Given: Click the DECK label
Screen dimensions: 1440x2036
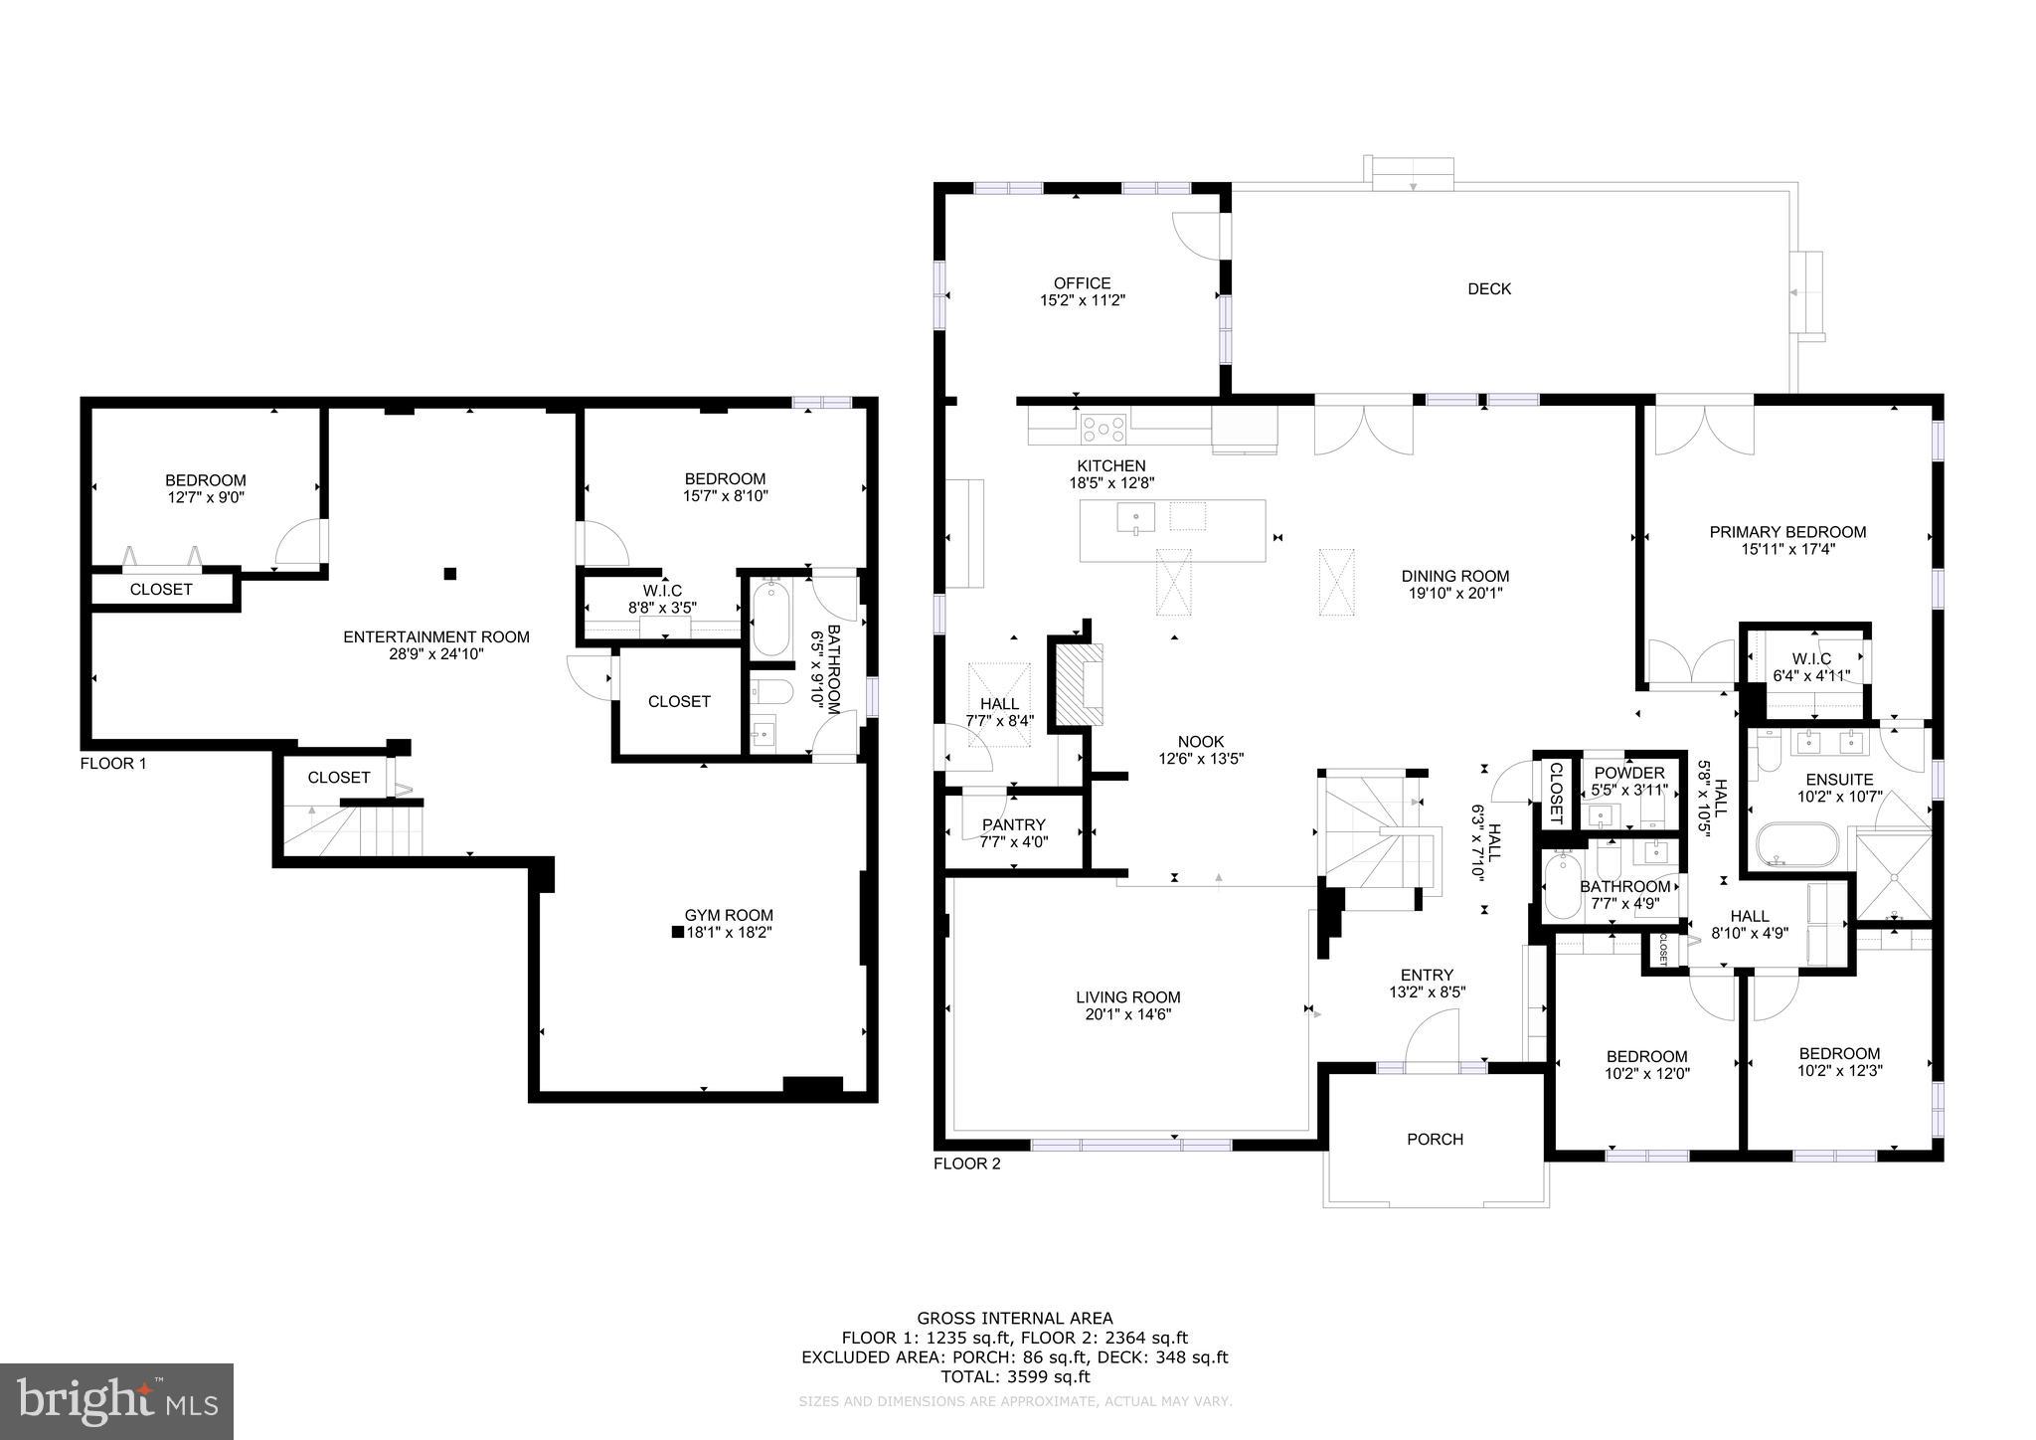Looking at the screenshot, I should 1488,289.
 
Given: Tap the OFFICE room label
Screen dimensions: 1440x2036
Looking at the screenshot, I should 1082,283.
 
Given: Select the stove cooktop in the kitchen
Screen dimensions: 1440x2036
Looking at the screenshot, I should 1103,429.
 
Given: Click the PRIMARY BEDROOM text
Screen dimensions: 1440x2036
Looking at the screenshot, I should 1786,532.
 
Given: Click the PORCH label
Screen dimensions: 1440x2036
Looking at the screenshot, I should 1435,1140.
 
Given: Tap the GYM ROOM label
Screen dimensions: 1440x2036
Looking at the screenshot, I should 728,915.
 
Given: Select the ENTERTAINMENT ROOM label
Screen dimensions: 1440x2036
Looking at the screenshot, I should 435,637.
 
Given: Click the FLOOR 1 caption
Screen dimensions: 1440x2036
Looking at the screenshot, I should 112,764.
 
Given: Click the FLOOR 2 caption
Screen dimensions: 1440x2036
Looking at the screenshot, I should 966,1164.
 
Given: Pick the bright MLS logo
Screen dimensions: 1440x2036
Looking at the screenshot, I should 116,1401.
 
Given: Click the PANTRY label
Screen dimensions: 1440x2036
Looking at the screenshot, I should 1013,824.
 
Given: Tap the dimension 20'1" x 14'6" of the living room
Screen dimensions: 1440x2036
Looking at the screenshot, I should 1127,1015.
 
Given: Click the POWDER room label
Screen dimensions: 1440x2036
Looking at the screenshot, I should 1628,774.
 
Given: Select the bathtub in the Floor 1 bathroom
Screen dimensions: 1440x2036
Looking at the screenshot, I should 770,621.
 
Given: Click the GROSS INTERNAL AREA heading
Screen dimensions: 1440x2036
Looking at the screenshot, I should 1014,1320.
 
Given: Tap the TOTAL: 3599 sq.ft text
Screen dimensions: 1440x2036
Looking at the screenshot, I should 1014,1377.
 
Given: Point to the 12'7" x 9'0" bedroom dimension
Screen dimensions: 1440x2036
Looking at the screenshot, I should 205,497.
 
